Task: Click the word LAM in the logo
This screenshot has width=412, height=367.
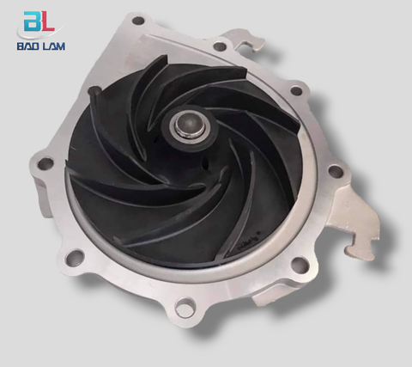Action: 53,46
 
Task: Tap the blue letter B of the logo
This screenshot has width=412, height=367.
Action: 32,21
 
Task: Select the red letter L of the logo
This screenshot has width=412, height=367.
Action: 47,21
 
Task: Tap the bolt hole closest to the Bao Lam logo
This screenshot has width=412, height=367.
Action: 138,21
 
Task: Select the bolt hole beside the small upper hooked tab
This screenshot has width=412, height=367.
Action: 220,46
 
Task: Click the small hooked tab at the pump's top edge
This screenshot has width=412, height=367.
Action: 245,40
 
